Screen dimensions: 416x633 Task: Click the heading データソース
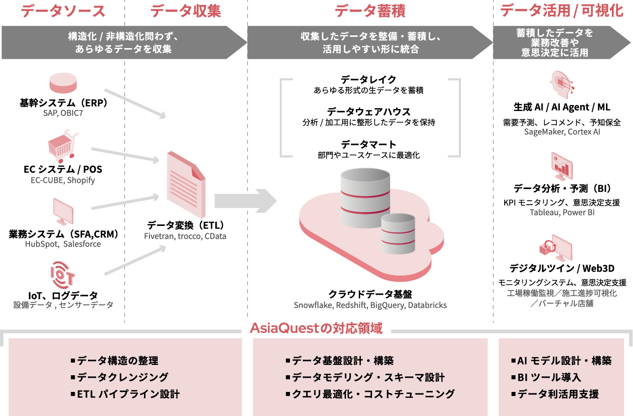(x=63, y=11)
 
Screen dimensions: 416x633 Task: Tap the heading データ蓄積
(x=370, y=11)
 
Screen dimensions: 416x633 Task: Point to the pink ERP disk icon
(x=63, y=83)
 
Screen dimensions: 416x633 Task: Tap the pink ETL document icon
(x=185, y=184)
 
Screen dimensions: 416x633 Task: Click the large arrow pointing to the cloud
(x=245, y=200)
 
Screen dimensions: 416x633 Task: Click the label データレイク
(x=368, y=80)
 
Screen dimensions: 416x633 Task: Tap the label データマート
(x=368, y=144)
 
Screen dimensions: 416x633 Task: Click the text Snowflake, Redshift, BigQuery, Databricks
(x=370, y=305)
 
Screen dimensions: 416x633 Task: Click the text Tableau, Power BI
(x=562, y=213)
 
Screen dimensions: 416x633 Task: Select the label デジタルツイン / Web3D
(x=562, y=268)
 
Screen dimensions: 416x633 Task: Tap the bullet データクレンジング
(x=122, y=377)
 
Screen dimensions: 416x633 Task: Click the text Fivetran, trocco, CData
(x=185, y=236)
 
